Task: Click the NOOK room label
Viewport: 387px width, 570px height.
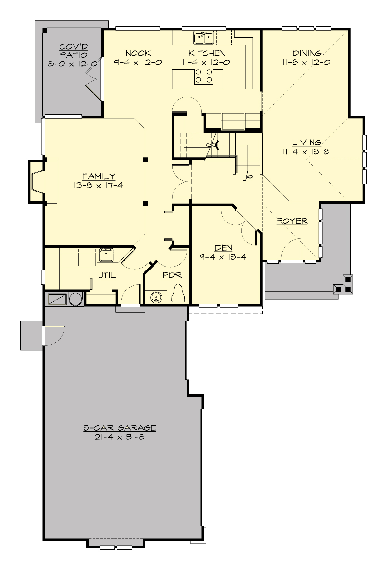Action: click(x=138, y=53)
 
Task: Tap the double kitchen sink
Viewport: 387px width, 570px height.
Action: click(x=204, y=38)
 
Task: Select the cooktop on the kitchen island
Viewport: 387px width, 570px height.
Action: click(x=204, y=76)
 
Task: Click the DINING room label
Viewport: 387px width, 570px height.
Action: click(x=307, y=53)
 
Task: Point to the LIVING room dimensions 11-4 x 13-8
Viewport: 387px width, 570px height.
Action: click(x=306, y=151)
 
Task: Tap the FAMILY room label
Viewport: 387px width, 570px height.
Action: click(x=99, y=176)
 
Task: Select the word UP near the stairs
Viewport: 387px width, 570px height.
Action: click(x=248, y=178)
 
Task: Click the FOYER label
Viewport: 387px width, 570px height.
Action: click(x=292, y=221)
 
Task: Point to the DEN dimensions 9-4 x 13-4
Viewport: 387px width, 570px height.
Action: click(x=223, y=257)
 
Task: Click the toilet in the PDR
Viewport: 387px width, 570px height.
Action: click(x=178, y=294)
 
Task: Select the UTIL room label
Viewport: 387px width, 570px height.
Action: click(x=107, y=275)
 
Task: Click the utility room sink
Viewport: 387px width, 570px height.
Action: click(x=106, y=255)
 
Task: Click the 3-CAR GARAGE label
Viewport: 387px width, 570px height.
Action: click(x=120, y=428)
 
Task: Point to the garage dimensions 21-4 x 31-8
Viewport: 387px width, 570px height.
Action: click(x=120, y=437)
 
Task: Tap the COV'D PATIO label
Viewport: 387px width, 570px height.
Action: click(x=73, y=51)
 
